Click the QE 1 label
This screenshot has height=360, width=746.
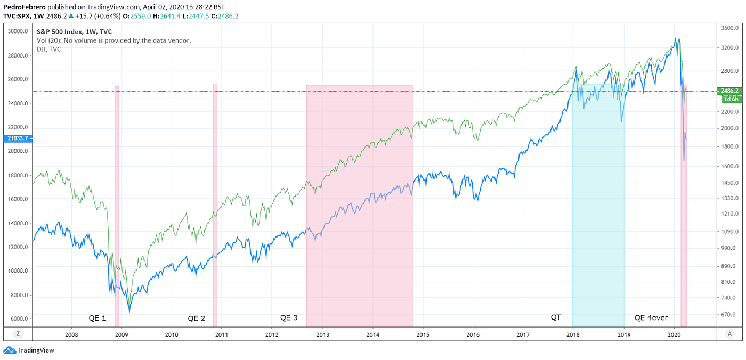pos(97,318)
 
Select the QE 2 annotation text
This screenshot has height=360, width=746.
pos(196,318)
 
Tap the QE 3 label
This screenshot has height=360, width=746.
pos(289,318)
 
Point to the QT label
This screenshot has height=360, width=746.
pos(556,318)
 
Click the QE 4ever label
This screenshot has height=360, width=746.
pos(651,318)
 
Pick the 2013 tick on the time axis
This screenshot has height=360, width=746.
pos(322,334)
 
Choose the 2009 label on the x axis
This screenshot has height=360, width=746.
pos(121,334)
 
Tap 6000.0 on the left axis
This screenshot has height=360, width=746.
pos(19,319)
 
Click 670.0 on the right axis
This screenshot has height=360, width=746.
pos(729,315)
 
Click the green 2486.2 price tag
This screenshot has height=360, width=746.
pos(729,91)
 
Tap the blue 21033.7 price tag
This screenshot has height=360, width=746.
pos(15,138)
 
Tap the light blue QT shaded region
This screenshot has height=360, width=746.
pos(598,213)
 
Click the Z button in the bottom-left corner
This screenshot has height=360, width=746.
pos(18,334)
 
